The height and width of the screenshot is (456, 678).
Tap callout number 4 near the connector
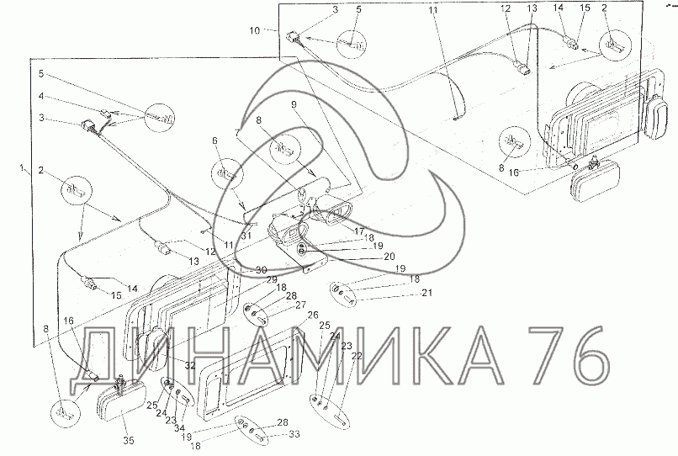coord(41,96)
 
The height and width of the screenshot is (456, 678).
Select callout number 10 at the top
coord(255,31)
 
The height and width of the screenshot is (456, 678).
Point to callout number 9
coord(294,104)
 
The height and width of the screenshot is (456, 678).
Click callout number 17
coord(358,232)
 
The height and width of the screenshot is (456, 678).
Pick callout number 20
coord(389,257)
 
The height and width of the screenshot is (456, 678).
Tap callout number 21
coord(426,294)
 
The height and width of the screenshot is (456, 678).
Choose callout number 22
coord(357,356)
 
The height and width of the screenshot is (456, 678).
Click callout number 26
coord(313,315)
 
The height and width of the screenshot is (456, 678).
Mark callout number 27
coord(300,306)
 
